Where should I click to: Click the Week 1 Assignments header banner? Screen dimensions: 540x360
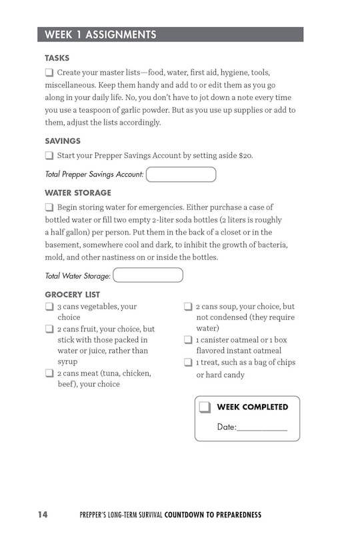(x=170, y=35)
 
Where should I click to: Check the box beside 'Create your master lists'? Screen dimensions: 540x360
(x=49, y=72)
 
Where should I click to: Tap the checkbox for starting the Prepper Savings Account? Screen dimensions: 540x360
(x=49, y=155)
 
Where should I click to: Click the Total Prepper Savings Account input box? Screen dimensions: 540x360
(x=181, y=175)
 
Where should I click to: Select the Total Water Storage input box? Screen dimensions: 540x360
(x=148, y=275)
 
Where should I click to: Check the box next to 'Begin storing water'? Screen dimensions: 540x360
(x=49, y=207)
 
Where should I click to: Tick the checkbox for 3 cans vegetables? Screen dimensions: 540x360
(x=49, y=307)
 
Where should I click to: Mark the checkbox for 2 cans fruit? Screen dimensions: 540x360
(x=49, y=329)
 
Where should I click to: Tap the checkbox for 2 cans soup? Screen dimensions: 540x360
(x=188, y=307)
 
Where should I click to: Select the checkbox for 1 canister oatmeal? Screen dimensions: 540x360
(x=188, y=340)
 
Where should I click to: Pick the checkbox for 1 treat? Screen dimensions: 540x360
(x=188, y=363)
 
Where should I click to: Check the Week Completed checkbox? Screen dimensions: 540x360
(x=205, y=407)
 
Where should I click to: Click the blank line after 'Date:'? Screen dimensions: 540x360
(x=262, y=427)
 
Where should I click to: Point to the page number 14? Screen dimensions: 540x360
(x=43, y=515)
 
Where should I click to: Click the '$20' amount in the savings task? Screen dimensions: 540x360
(x=245, y=156)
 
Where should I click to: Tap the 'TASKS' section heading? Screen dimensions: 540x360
(x=57, y=58)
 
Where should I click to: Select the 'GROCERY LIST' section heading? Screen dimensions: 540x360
(x=73, y=294)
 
